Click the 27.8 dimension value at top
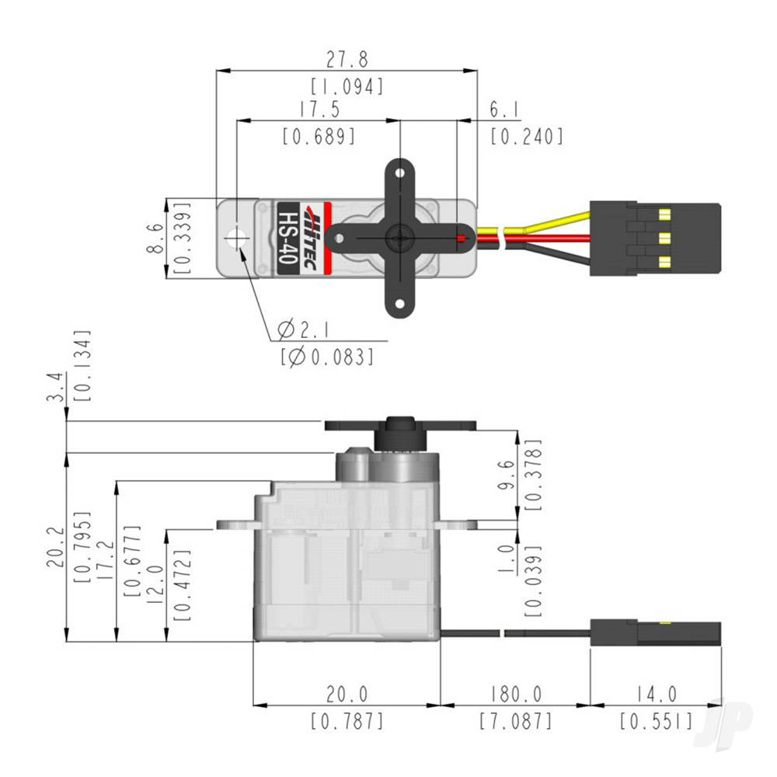pyautogui.click(x=347, y=59)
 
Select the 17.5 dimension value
pyautogui.click(x=318, y=110)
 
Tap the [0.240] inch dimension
pyautogui.click(x=526, y=137)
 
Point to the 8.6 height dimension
pyautogui.click(x=155, y=238)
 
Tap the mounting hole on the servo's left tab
pyautogui.click(x=235, y=238)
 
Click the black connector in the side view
pyautogui.click(x=654, y=633)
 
